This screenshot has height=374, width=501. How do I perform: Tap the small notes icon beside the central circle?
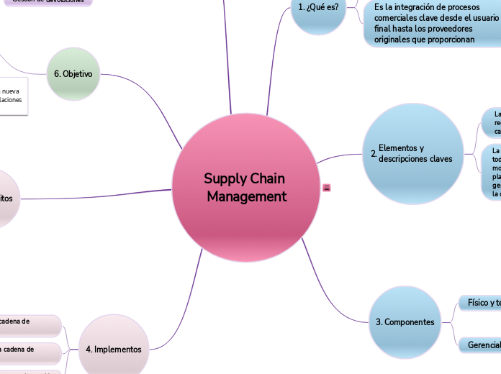pyautogui.click(x=327, y=188)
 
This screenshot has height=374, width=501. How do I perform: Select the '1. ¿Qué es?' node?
pyautogui.click(x=318, y=8)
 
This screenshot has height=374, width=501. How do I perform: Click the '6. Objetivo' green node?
pyautogui.click(x=73, y=74)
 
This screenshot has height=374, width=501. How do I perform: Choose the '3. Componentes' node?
pyautogui.click(x=405, y=322)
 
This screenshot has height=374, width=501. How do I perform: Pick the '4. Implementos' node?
pyautogui.click(x=114, y=349)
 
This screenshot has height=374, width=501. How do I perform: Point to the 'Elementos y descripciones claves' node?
pyautogui.click(x=415, y=153)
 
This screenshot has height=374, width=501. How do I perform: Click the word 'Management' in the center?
pyautogui.click(x=246, y=196)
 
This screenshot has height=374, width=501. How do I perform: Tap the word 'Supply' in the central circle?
pyautogui.click(x=225, y=178)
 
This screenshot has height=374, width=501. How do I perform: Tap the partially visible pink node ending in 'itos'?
pyautogui.click(x=10, y=199)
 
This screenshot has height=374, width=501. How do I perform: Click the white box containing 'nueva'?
pyautogui.click(x=12, y=96)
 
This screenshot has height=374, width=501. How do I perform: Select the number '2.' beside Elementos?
pyautogui.click(x=374, y=154)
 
